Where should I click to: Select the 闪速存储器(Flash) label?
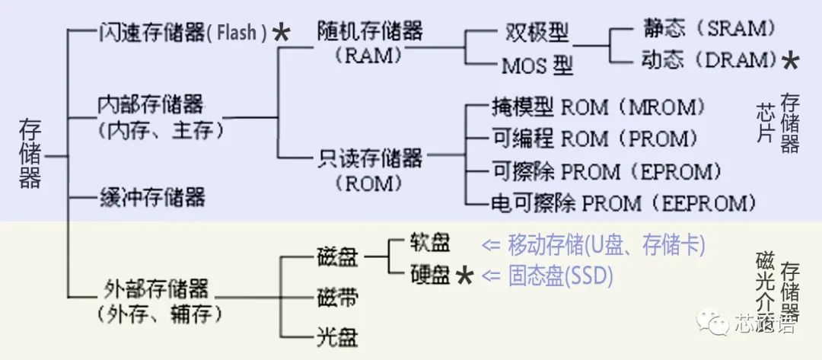(183, 33)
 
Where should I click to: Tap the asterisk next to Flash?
(281, 33)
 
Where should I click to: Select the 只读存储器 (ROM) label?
(370, 170)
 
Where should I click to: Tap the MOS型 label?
(537, 66)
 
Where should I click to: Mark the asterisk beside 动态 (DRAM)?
(791, 61)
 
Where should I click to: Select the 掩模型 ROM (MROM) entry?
(594, 107)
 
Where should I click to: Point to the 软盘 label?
(430, 243)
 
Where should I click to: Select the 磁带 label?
(336, 297)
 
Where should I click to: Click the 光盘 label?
(336, 336)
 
